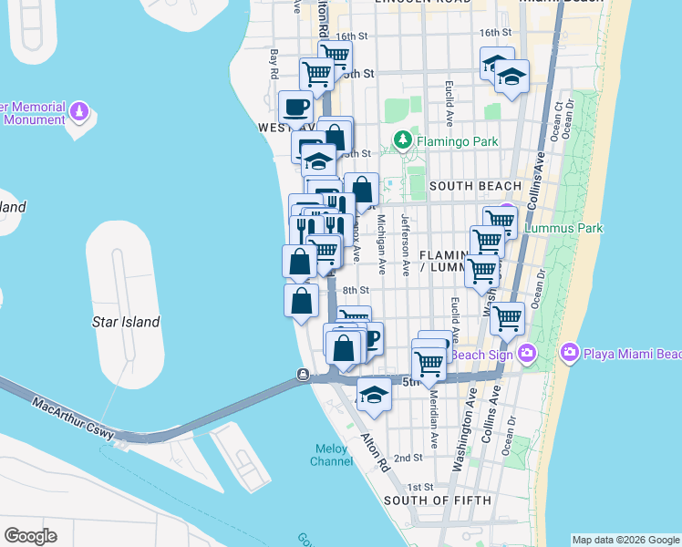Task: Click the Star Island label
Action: tap(126, 322)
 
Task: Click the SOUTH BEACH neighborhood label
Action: tap(474, 186)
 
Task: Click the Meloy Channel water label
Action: tap(333, 455)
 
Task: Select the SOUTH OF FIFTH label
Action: tap(438, 501)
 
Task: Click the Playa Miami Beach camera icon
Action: tap(570, 352)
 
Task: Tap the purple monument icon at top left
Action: tap(79, 112)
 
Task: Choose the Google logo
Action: tap(30, 535)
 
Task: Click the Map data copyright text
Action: tap(625, 540)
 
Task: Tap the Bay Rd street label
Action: tap(274, 63)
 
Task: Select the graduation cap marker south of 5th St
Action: tap(373, 393)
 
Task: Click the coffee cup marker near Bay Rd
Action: tap(295, 107)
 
